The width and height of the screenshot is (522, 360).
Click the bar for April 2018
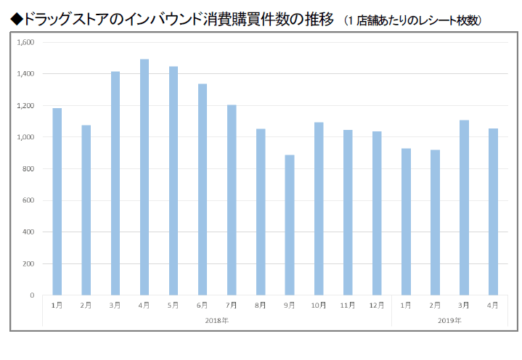click(x=144, y=177)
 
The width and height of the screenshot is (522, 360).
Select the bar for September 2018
click(x=290, y=225)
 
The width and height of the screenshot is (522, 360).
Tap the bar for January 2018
click(x=57, y=202)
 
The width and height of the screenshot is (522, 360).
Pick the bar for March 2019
click(x=464, y=208)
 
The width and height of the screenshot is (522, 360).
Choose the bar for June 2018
click(x=203, y=189)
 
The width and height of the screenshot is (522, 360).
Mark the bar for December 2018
click(x=377, y=213)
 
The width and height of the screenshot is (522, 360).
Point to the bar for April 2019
click(x=494, y=212)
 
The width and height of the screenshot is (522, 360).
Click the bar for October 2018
click(x=319, y=208)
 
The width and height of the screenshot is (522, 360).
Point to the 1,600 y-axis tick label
click(x=25, y=42)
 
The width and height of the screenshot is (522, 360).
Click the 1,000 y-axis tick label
click(x=25, y=137)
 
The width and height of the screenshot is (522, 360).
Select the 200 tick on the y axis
click(x=28, y=264)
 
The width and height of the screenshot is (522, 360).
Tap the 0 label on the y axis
click(x=32, y=295)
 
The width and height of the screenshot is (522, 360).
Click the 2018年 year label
click(x=217, y=321)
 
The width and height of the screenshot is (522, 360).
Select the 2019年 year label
click(x=449, y=321)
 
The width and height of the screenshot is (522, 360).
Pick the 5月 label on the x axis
click(x=173, y=305)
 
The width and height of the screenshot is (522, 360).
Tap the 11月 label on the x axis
click(x=348, y=305)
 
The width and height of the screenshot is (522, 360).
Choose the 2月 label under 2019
click(x=435, y=305)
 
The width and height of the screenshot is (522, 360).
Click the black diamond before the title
click(x=16, y=20)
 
